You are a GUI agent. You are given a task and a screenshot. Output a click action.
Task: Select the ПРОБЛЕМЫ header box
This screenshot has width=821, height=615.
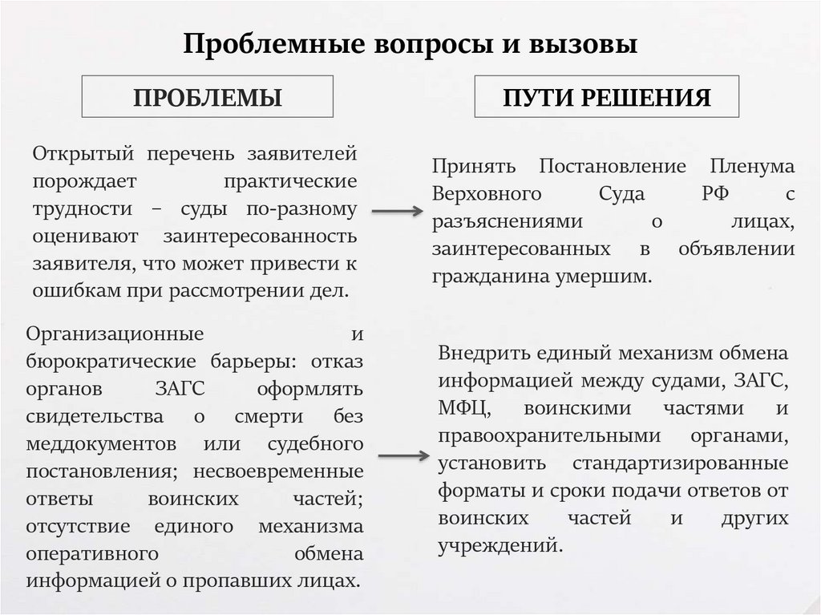[x=207, y=97]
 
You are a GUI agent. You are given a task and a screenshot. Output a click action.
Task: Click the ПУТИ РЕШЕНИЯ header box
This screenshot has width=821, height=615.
[x=607, y=97]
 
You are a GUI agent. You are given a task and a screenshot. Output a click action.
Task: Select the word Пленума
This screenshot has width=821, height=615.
[x=751, y=167]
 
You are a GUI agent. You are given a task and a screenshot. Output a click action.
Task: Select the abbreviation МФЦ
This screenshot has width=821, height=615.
[x=464, y=409]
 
